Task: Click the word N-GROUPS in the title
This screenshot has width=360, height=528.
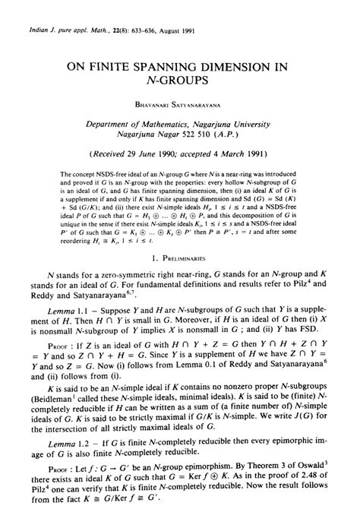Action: point(179,79)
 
